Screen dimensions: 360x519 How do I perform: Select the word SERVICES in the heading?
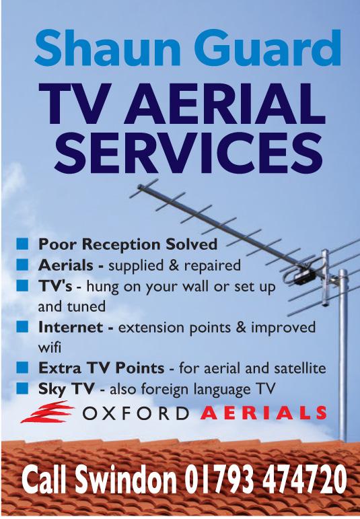click(x=188, y=153)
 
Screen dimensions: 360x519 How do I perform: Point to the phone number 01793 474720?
click(x=265, y=480)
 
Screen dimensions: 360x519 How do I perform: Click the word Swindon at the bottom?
click(x=125, y=480)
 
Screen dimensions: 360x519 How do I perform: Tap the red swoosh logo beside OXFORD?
click(x=47, y=412)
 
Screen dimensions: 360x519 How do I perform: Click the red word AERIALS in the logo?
click(x=263, y=413)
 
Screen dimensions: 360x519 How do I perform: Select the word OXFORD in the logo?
click(x=136, y=413)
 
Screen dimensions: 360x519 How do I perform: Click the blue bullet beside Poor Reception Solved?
click(x=22, y=244)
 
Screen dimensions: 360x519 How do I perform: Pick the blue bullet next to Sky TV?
click(x=22, y=388)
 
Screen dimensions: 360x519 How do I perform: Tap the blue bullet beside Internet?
click(x=22, y=326)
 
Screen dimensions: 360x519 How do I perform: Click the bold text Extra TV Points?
click(x=101, y=368)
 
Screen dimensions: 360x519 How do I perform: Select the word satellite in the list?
click(x=300, y=368)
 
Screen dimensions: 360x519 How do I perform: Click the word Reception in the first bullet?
click(x=122, y=245)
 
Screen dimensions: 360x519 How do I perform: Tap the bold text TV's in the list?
click(x=55, y=285)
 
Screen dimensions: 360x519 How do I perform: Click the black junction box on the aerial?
click(x=305, y=277)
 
